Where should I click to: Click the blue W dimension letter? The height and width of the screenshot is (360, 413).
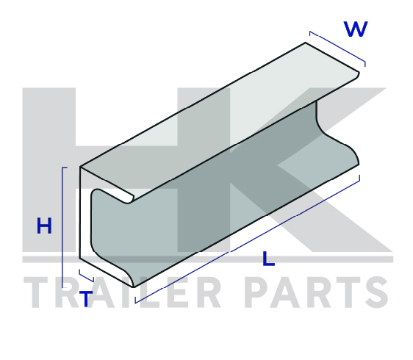pyautogui.click(x=356, y=29)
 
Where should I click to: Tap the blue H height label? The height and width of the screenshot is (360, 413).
pyautogui.click(x=44, y=226)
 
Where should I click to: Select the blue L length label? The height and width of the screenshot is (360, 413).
pyautogui.click(x=268, y=259)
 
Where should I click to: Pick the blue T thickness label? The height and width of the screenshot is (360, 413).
pyautogui.click(x=86, y=298)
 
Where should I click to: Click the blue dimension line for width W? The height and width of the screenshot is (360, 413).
pyautogui.click(x=337, y=48)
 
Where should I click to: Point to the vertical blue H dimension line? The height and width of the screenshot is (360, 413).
pyautogui.click(x=62, y=227)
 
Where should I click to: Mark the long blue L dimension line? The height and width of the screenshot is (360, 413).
pyautogui.click(x=248, y=239)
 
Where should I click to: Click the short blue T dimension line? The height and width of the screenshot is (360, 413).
pyautogui.click(x=86, y=276)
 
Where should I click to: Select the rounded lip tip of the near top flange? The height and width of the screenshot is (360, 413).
pyautogui.click(x=129, y=199)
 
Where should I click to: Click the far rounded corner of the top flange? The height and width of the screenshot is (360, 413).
pyautogui.click(x=357, y=74)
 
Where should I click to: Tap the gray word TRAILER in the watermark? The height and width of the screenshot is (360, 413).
pyautogui.click(x=123, y=292)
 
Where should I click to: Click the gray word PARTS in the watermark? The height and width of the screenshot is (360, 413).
pyautogui.click(x=316, y=292)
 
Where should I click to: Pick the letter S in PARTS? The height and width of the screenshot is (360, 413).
pyautogui.click(x=376, y=292)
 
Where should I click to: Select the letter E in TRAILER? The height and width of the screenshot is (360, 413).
pyautogui.click(x=174, y=292)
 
